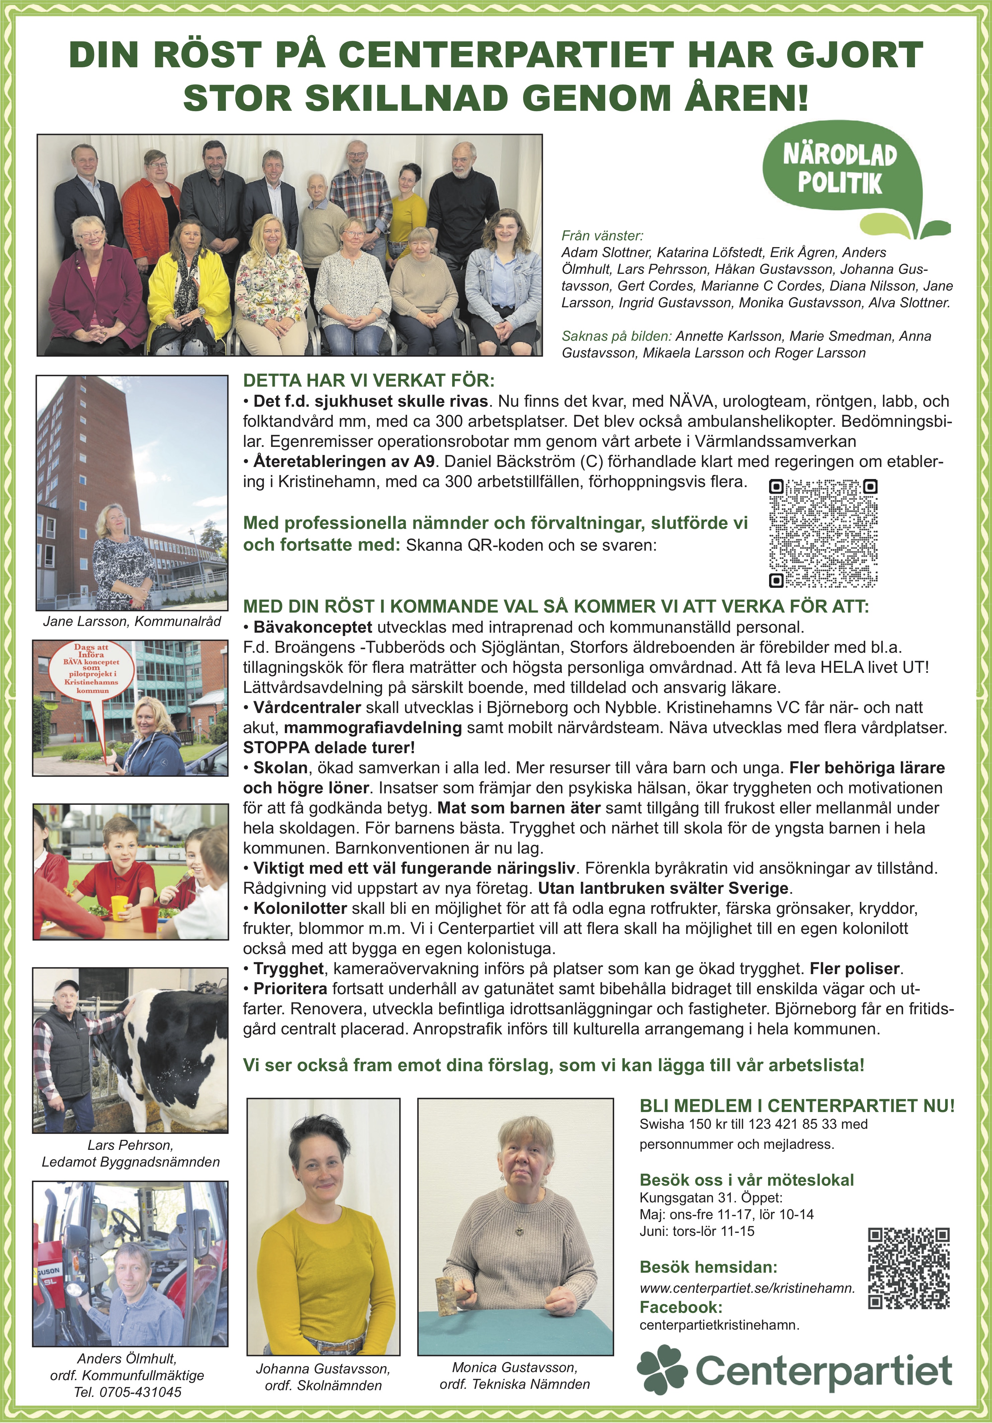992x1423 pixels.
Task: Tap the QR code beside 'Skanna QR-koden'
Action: point(823,533)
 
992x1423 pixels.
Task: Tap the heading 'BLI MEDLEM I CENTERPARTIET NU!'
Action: point(797,1106)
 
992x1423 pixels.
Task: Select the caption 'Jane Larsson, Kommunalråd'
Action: point(132,622)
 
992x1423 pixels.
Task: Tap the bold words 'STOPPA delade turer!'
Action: point(328,747)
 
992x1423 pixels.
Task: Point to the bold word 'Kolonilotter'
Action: point(300,908)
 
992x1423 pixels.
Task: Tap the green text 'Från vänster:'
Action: point(602,236)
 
